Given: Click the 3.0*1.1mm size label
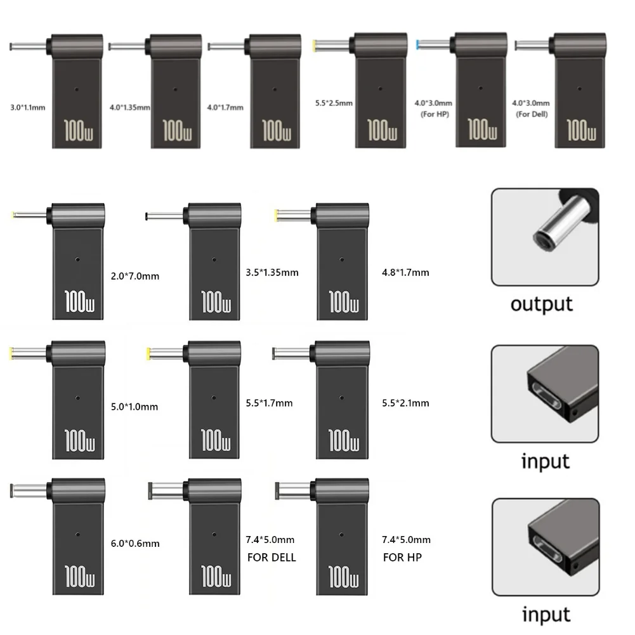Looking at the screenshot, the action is point(27,107).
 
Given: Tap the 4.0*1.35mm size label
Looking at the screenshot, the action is point(129,107).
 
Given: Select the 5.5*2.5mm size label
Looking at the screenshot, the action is point(334,103).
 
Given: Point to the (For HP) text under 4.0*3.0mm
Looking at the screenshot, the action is point(435,114).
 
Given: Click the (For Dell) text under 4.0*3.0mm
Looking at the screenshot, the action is point(532,114).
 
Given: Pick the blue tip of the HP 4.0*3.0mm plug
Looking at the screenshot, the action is point(417,44).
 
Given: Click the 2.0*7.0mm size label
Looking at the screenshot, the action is point(135,276).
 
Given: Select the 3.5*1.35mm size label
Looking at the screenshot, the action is point(272,273).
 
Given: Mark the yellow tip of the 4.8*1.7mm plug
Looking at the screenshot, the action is point(276,215).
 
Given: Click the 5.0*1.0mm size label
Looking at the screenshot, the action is point(134,407).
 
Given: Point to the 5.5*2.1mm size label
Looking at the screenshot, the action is point(405,403).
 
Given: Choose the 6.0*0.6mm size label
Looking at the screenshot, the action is point(135,544).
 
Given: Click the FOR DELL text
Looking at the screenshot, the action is point(272,558).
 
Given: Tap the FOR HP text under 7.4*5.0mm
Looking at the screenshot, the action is point(402,558).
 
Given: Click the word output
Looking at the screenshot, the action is point(542,304).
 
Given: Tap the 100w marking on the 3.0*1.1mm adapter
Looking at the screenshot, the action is point(78,131).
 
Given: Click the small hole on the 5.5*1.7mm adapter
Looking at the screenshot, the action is point(214,398).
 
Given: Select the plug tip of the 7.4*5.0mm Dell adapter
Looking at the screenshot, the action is point(150,490).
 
